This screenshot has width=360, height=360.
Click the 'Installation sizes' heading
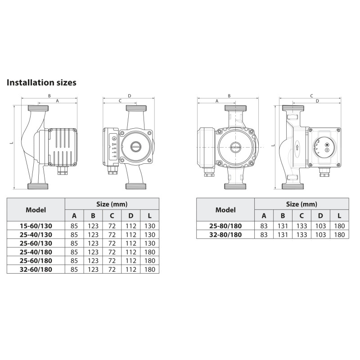coord(41,82)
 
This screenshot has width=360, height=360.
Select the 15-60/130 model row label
coord(36,226)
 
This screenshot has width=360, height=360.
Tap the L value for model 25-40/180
coord(150,252)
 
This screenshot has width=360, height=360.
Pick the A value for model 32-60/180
coord(74,269)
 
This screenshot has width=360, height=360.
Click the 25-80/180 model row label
coord(225,226)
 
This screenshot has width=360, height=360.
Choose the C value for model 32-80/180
coord(301,234)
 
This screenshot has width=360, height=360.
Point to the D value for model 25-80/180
coord(320,226)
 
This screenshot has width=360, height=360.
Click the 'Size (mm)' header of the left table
coord(112,204)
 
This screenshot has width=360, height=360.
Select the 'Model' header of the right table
coord(225,210)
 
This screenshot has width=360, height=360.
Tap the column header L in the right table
coord(339,216)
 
